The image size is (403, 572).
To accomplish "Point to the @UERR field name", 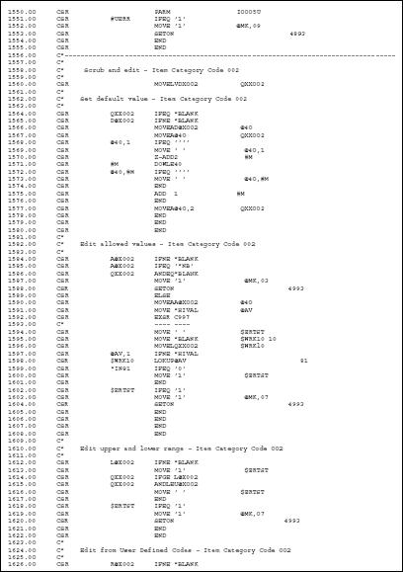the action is point(121,20).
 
